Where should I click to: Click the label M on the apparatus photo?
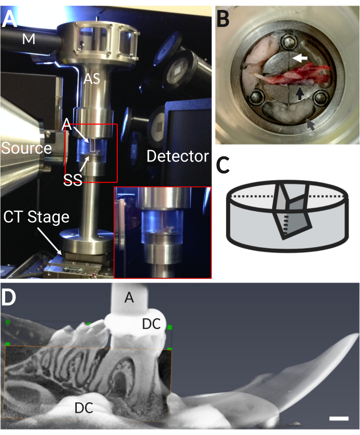[29, 39]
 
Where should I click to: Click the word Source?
[26, 148]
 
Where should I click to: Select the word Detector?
[178, 156]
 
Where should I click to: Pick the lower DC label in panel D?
[84, 408]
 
